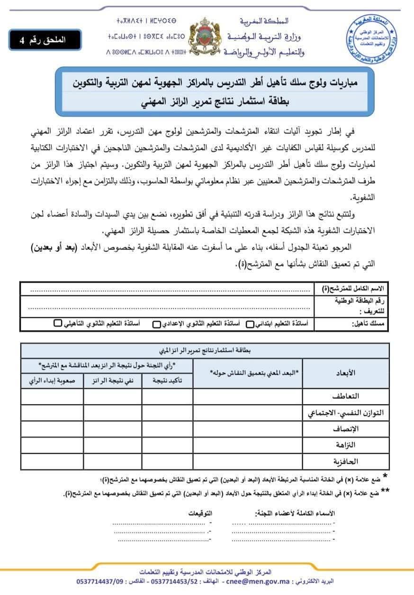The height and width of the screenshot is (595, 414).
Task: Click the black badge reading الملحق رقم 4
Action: (x=45, y=40)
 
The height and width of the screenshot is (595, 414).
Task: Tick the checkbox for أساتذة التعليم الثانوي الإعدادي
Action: (x=156, y=324)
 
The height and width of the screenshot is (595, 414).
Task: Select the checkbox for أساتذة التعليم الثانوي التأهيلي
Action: (x=57, y=324)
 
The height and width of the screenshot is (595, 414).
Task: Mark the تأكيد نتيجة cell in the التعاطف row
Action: (x=167, y=396)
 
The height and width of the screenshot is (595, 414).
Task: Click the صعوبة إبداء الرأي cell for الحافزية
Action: (x=52, y=461)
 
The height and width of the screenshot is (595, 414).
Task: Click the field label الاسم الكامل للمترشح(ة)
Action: (x=350, y=288)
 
